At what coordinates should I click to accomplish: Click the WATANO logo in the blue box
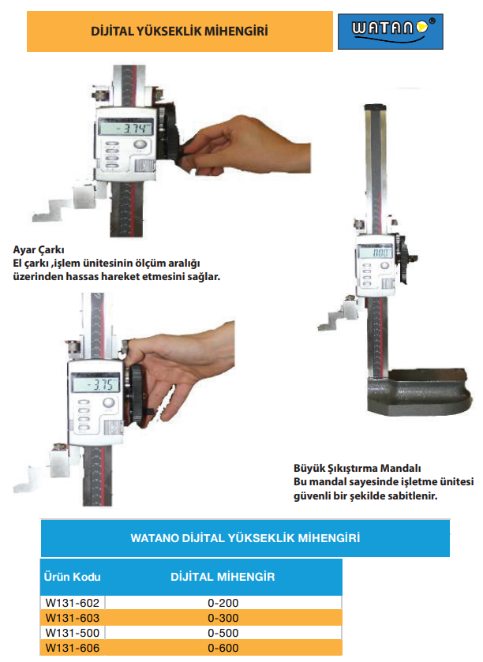(x=390, y=32)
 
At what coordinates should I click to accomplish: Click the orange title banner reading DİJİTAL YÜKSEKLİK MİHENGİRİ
(x=179, y=32)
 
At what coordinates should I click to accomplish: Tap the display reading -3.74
(x=125, y=127)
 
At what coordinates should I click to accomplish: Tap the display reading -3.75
(x=95, y=383)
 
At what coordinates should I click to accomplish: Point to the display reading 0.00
(x=376, y=252)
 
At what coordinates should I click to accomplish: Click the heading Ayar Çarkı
(x=39, y=249)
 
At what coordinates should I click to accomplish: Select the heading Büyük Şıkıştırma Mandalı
(x=358, y=468)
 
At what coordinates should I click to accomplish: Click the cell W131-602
(x=72, y=603)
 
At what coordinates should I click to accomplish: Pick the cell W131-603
(x=72, y=617)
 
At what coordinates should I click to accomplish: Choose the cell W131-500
(x=72, y=633)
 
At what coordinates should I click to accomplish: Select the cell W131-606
(x=72, y=647)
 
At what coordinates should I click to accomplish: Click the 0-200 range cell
(x=223, y=603)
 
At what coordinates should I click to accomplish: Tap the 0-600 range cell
(x=223, y=647)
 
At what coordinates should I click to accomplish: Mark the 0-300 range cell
(x=223, y=617)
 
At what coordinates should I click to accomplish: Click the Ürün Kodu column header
(x=72, y=577)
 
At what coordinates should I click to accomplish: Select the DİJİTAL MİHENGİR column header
(x=223, y=577)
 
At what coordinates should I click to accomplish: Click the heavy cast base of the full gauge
(x=418, y=392)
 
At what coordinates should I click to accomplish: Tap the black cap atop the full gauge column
(x=375, y=107)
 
